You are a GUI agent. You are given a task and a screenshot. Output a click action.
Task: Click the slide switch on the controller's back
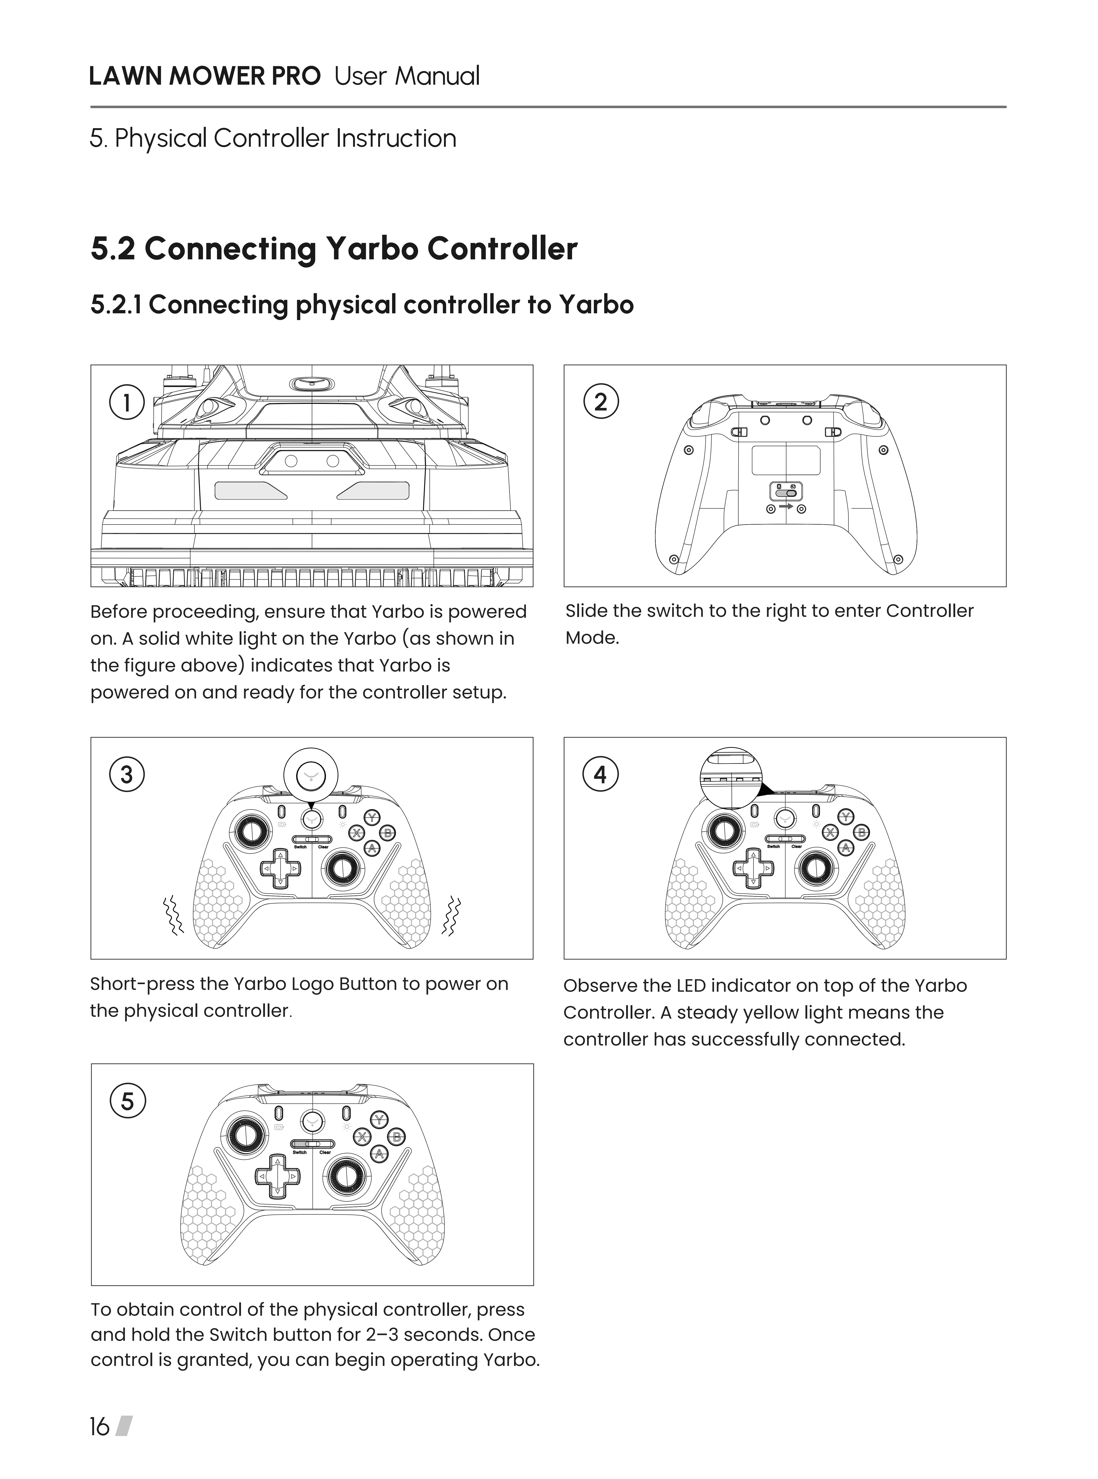786,492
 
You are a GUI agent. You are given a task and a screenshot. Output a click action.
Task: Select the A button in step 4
845,848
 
